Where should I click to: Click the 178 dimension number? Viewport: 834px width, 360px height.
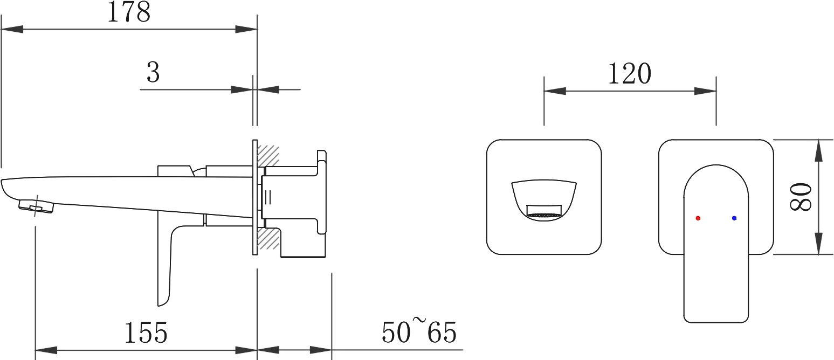tap(129, 12)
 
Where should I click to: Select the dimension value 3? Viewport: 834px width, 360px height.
tap(153, 73)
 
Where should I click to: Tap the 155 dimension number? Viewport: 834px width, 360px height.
tap(146, 333)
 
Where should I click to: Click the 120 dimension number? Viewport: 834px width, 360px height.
tap(630, 74)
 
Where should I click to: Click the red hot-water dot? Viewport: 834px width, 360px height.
tap(698, 218)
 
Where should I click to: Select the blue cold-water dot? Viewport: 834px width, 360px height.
tap(734, 218)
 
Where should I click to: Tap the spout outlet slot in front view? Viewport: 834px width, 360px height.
tap(544, 210)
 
